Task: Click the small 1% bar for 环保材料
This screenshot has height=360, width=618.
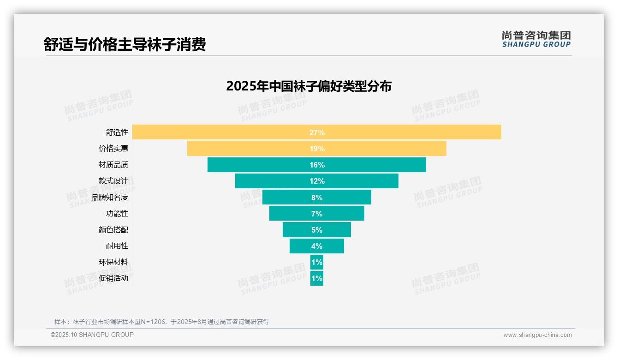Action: (317, 262)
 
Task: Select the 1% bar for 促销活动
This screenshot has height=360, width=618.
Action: (317, 278)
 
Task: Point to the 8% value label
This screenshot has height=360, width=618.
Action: (317, 198)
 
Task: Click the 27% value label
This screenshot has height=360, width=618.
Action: (317, 132)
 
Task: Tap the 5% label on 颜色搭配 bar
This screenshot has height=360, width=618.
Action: (317, 230)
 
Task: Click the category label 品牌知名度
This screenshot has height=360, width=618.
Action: (110, 198)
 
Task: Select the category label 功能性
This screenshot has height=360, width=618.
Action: (117, 214)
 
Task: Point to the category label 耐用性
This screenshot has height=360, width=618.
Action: (117, 246)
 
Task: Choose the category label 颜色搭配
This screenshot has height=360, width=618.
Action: (113, 230)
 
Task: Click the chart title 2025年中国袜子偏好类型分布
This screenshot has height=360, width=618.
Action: (309, 86)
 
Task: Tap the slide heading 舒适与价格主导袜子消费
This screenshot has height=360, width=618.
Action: (125, 44)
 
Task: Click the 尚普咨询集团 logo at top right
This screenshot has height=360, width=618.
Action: (536, 39)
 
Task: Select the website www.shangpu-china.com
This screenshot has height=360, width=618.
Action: (537, 335)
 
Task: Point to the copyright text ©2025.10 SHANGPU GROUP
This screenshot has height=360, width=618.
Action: (92, 335)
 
